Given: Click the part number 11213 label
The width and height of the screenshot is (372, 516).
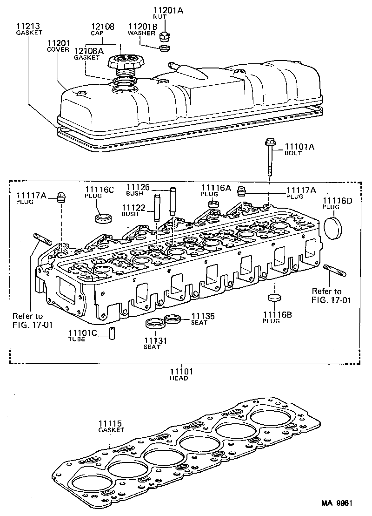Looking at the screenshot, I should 27,27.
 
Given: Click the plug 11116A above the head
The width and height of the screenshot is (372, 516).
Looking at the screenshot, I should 214,204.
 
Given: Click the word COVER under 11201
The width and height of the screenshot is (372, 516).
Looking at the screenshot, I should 58,49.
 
